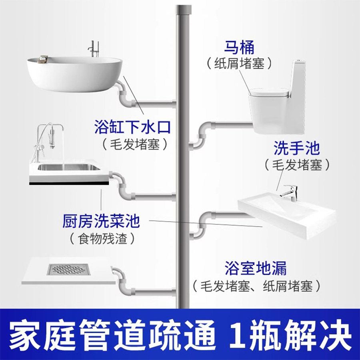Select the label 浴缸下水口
click(x=133, y=128)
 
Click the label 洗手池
click(x=297, y=148)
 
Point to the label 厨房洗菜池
click(x=101, y=220)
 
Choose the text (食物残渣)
click(x=101, y=239)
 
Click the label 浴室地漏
click(x=256, y=268)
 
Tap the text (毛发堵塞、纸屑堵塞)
click(x=256, y=286)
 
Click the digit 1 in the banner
click(x=243, y=334)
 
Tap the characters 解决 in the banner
click(x=322, y=334)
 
